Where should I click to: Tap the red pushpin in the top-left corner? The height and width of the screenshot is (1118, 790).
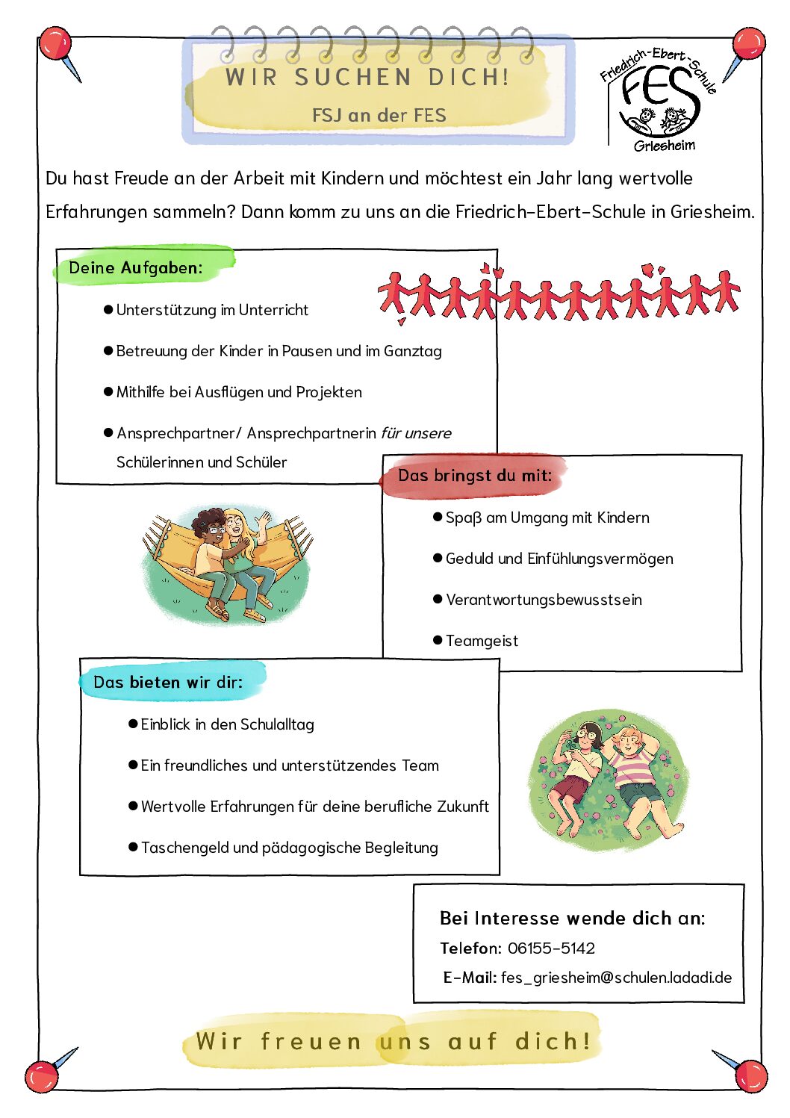tap(55, 45)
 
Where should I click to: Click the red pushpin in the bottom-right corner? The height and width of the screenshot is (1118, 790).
tap(750, 1075)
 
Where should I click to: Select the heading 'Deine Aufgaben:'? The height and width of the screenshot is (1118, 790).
tap(136, 267)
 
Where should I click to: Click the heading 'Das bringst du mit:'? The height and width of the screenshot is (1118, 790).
tap(474, 475)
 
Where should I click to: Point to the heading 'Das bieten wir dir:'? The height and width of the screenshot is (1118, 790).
tap(168, 682)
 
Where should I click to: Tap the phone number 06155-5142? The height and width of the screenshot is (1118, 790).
tap(551, 948)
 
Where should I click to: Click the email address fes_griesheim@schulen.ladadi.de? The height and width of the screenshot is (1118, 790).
tap(616, 978)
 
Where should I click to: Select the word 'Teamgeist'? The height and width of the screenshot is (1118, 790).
tap(482, 641)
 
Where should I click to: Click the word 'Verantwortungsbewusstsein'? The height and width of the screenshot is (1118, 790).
tap(544, 600)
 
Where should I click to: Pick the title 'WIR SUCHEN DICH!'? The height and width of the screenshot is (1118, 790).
tap(367, 77)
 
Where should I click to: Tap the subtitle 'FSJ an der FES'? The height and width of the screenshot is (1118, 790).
tap(379, 116)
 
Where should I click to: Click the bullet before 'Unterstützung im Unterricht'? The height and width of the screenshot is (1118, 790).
tap(108, 309)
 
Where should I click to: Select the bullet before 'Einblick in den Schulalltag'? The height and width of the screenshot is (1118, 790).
tap(133, 724)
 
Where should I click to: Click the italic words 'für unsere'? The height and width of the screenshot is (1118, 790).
tap(416, 433)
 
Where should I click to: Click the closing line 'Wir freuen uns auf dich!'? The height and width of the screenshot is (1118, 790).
tap(393, 1041)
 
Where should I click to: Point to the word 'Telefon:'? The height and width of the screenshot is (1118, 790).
tap(470, 948)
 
